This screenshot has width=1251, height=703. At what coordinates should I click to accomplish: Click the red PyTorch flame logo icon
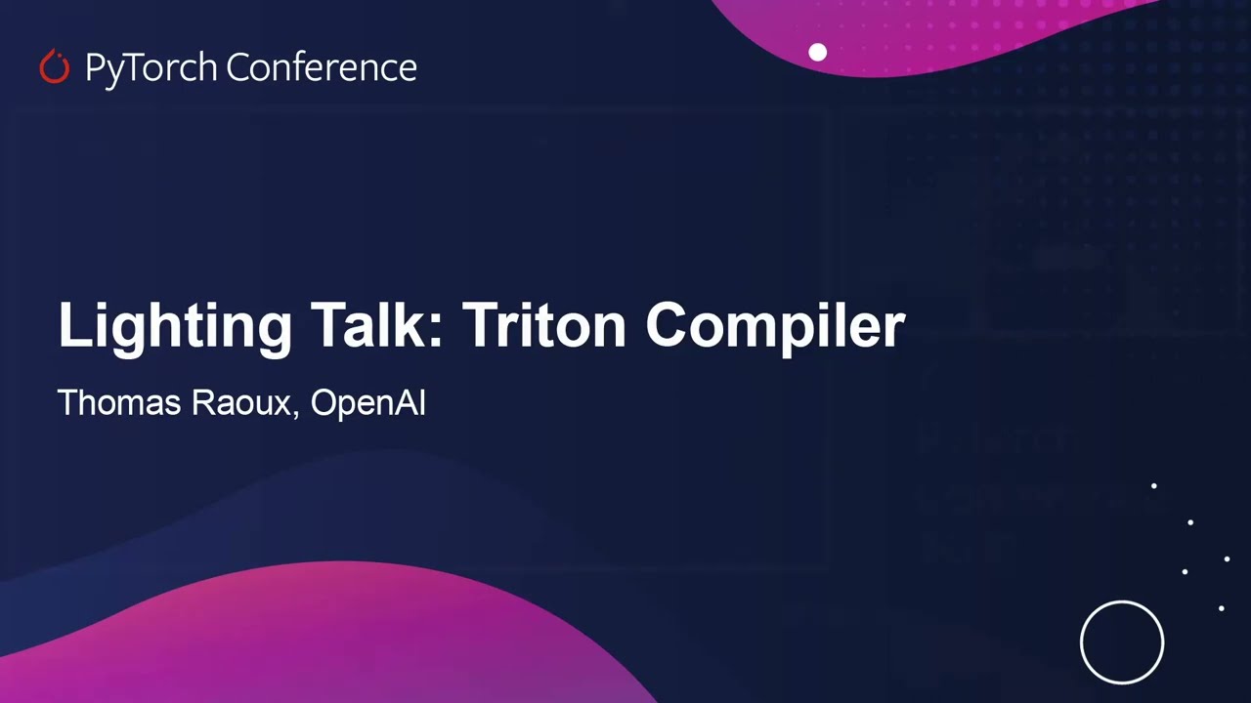tap(55, 67)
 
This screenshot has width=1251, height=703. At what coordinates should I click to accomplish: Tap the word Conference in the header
tap(322, 67)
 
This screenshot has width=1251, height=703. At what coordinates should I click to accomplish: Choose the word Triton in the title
tap(543, 324)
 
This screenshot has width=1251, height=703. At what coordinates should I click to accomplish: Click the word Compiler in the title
tap(775, 326)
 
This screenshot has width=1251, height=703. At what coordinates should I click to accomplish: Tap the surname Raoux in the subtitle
tap(240, 402)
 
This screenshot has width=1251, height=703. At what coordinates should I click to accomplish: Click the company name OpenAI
tap(367, 403)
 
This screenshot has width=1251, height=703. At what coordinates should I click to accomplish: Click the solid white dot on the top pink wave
tap(818, 53)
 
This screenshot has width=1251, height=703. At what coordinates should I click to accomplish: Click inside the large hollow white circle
tap(1122, 642)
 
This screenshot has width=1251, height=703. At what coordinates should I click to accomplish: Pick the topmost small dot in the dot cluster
tap(1154, 485)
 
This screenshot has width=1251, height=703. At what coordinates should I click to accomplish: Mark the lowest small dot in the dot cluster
tap(1221, 608)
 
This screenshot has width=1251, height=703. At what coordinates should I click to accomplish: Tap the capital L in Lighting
tap(73, 324)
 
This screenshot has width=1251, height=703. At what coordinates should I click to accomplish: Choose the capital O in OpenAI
tap(324, 402)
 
